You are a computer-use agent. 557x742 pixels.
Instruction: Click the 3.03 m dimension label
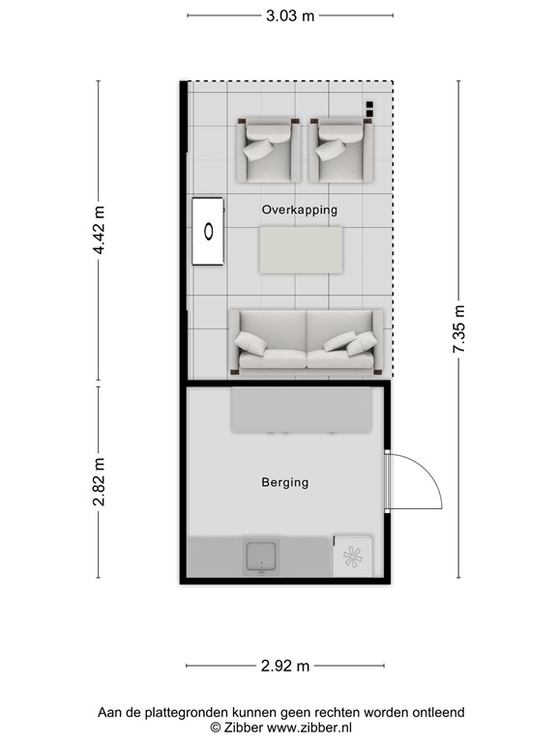coord(290,15)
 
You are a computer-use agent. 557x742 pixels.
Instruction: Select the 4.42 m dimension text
coord(98,232)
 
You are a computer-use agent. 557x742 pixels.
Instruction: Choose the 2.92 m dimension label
coord(285,666)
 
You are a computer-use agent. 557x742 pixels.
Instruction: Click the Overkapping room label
coord(300,210)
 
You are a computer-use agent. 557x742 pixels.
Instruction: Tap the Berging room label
coord(285,482)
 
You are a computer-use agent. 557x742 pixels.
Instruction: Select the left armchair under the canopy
coord(268,150)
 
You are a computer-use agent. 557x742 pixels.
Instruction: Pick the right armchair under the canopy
coord(341,150)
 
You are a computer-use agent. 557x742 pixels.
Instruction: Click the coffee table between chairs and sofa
coord(301,248)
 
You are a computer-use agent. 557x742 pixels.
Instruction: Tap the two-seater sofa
coord(307,342)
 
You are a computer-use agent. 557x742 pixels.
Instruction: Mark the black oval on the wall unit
coord(208,231)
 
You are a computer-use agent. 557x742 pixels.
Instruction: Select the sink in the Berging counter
coord(261,557)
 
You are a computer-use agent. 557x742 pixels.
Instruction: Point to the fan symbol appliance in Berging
coord(352,557)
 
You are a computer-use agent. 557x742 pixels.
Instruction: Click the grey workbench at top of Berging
coord(301,411)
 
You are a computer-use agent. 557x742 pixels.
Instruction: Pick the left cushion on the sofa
coord(254,343)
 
